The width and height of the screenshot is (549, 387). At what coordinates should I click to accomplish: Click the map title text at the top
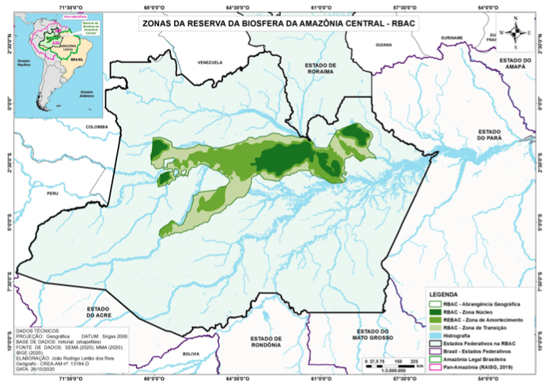coord(278,24)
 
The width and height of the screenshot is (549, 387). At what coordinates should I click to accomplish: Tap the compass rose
coord(515,32)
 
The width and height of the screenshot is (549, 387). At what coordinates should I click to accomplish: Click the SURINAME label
coord(452,37)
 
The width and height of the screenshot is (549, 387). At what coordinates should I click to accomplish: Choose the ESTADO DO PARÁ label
coord(490,137)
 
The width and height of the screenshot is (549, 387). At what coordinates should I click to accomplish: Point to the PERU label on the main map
coord(52,193)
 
